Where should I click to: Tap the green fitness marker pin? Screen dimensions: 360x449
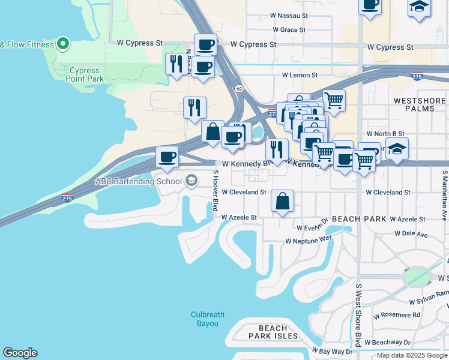pos(63,44)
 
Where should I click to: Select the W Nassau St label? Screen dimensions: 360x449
pos(288,15)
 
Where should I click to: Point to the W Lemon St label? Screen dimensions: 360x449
pos(300,75)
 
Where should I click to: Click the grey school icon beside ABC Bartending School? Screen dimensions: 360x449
pos(191,181)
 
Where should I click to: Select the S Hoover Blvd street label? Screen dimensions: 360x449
pos(215,190)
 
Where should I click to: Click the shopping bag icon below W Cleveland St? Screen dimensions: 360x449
pos(282,201)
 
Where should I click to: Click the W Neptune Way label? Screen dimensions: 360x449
pos(309,240)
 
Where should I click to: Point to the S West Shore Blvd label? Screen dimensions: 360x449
pos(358,314)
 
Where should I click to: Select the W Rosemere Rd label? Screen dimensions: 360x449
pos(396,315)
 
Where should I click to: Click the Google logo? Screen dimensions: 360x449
pos(20,353)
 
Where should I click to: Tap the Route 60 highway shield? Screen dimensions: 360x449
pos(239,89)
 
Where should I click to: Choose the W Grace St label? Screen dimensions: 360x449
pos(289,29)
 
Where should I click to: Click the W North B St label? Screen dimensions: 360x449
pos(385,134)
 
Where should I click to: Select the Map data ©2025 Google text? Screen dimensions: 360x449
pos(412,355)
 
